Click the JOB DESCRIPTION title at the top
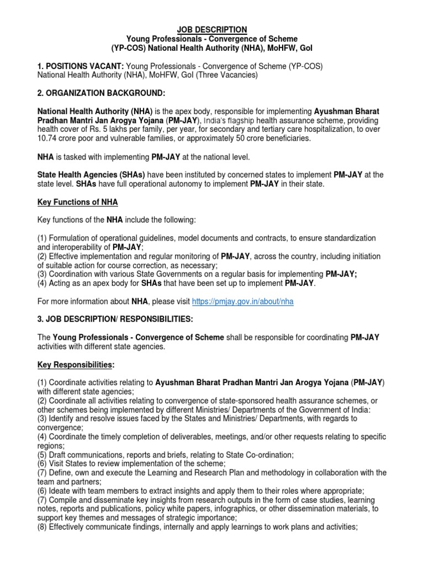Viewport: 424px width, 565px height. [x=212, y=29]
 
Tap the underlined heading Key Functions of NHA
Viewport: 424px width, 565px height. [x=77, y=202]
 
